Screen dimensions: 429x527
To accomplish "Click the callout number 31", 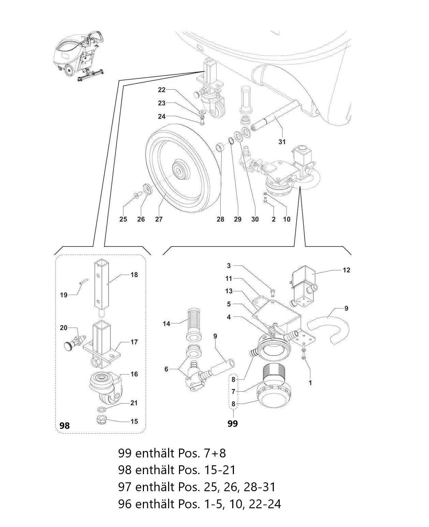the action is (282, 142).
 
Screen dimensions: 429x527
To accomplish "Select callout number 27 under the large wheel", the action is (159, 219).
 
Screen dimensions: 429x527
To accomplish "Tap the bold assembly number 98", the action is (64, 425).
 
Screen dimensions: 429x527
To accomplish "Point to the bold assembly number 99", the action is (233, 423).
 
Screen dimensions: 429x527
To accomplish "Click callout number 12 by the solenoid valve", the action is (346, 270).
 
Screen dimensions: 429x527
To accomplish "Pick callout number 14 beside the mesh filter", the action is (167, 323).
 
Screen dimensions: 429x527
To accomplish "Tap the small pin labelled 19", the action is (83, 282).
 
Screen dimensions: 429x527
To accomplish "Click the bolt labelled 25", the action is (137, 196).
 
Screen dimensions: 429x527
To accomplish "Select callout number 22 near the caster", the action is (162, 90).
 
